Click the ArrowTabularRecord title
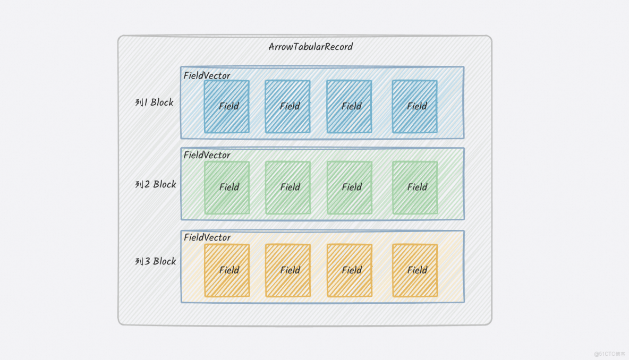tap(311, 47)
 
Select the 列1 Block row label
tap(155, 102)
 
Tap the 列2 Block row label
tap(156, 184)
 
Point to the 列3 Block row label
tap(156, 261)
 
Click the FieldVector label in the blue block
tap(207, 75)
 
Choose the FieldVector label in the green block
tap(207, 155)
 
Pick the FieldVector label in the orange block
tap(207, 237)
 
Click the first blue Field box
tap(227, 106)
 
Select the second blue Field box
tap(288, 106)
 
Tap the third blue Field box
tap(349, 106)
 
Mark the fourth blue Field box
tap(415, 106)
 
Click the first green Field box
tap(227, 187)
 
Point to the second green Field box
tap(288, 187)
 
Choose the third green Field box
tap(349, 187)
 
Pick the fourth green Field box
tap(415, 187)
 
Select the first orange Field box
tap(227, 270)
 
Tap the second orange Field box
tap(288, 270)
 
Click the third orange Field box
tap(349, 270)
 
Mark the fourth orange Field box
tap(415, 270)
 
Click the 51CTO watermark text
tap(609, 354)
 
